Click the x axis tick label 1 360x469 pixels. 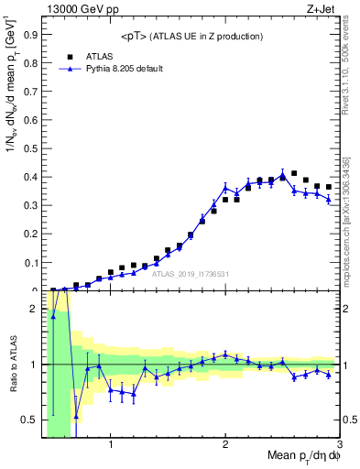point(111,445)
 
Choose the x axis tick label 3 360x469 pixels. point(339,445)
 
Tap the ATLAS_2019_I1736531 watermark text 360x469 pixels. point(191,274)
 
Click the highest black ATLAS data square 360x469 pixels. point(294,173)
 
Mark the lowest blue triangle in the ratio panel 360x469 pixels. point(76,416)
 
